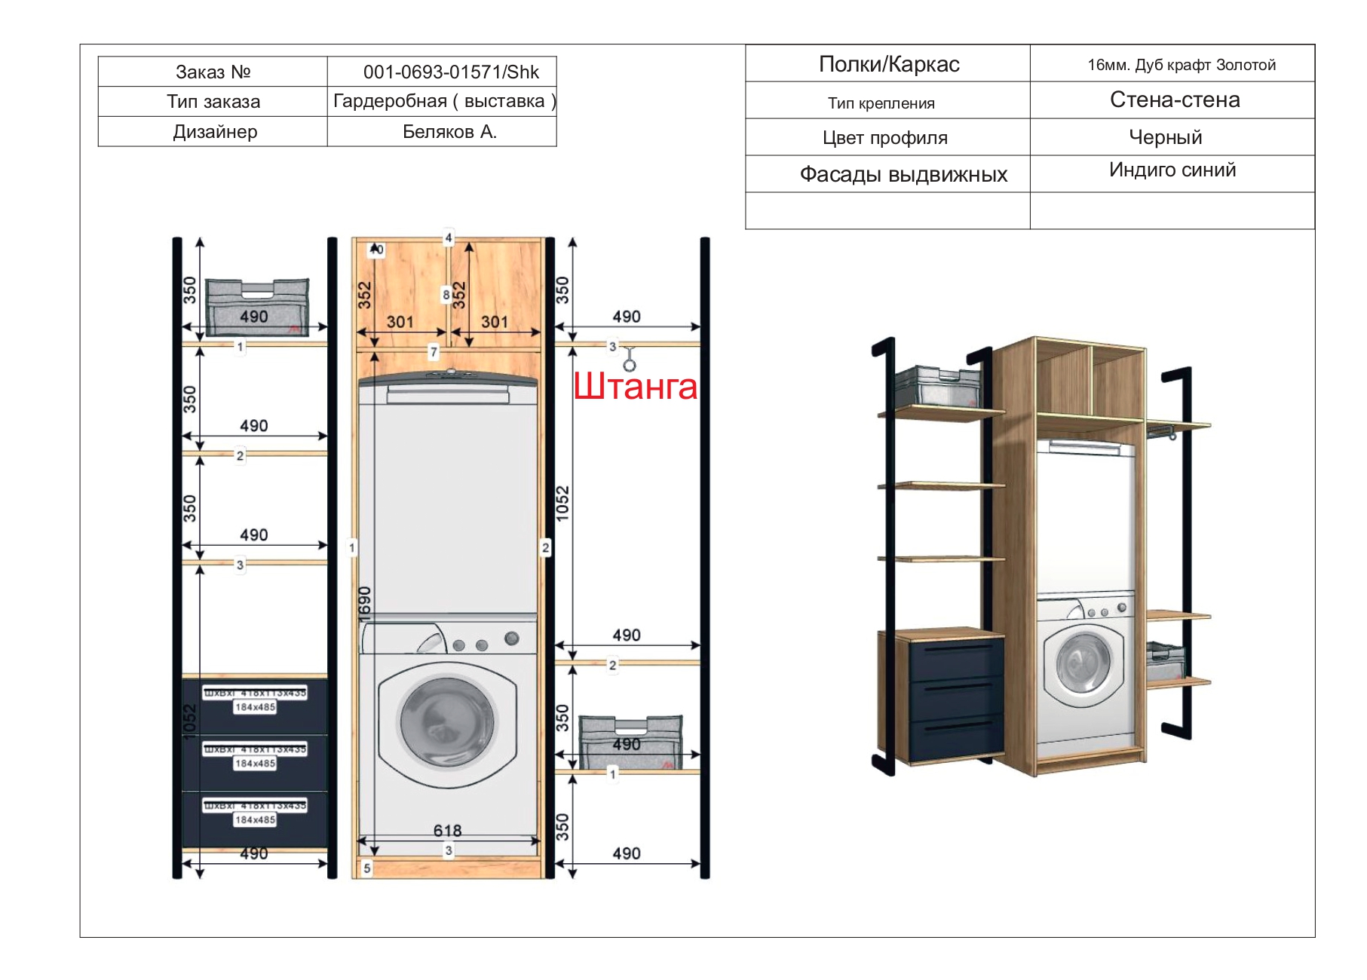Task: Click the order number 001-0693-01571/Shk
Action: tap(450, 72)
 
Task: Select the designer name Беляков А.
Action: tap(449, 132)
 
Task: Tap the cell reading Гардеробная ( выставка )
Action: tap(444, 101)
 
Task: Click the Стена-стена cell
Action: tap(1174, 100)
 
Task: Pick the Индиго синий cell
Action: tap(1172, 170)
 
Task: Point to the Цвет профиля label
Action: tap(884, 138)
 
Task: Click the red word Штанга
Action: tap(635, 386)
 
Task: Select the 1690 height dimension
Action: tap(365, 603)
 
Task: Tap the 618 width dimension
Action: tap(447, 831)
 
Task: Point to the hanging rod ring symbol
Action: tap(629, 365)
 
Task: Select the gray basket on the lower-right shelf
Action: tap(630, 743)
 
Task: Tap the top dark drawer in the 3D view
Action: tap(956, 657)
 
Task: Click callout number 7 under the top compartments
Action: tap(434, 351)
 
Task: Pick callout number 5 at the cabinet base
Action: tap(367, 868)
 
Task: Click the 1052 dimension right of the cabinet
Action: tap(562, 503)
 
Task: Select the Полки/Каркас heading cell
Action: tap(888, 64)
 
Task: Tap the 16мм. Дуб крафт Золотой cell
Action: tap(1181, 65)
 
